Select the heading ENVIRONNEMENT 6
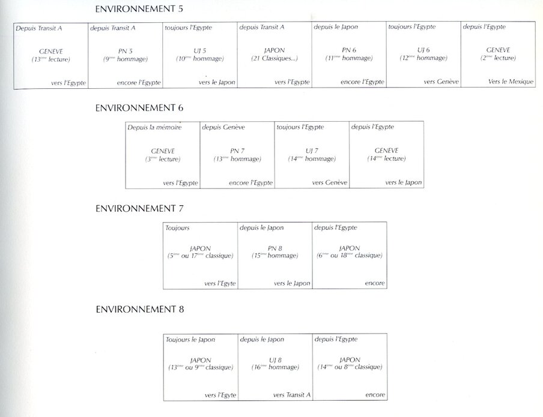pos(139,108)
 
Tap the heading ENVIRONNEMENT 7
pos(139,208)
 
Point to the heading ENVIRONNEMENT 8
pos(139,310)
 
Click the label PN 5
pos(126,50)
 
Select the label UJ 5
pos(200,50)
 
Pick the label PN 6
pos(349,50)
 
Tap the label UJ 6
pos(423,50)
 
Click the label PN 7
pos(237,151)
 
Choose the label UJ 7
pos(312,151)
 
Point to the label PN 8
pos(275,248)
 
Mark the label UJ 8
pos(275,359)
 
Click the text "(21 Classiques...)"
pos(275,59)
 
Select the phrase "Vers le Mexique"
pos(511,82)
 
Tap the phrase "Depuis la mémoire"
pos(154,127)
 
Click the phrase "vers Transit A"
pos(292,395)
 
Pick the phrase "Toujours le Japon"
pos(190,340)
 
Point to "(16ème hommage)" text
pos(275,367)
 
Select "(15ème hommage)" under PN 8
pos(275,256)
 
